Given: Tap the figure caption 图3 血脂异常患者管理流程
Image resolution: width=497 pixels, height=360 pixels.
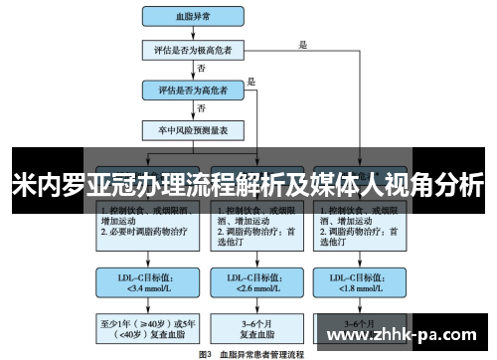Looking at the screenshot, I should coord(252,353).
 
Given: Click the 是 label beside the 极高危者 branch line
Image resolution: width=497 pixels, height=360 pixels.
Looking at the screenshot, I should coord(303,44).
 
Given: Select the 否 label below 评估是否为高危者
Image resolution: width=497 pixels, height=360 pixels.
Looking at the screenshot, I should coord(203,106).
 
